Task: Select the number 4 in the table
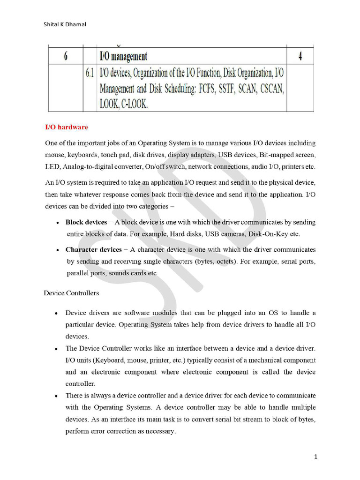[300, 57]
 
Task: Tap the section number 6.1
[90, 74]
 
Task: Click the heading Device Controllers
[71, 293]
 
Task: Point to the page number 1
[316, 456]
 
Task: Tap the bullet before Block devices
[57, 223]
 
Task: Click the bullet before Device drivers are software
[56, 313]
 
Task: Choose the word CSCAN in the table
[269, 89]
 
